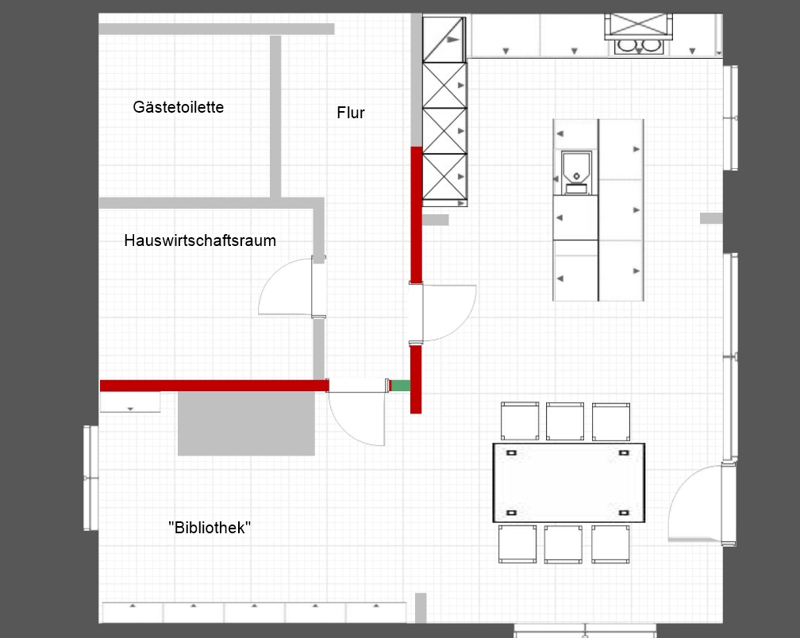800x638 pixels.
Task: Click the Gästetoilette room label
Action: [x=178, y=107]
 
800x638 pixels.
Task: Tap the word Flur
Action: [x=351, y=113]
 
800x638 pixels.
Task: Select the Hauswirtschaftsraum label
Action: [x=200, y=240]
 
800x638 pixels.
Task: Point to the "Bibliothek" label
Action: [x=210, y=528]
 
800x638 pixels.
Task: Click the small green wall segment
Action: [x=401, y=386]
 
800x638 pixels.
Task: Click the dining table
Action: [x=569, y=483]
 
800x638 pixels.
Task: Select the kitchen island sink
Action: [x=576, y=172]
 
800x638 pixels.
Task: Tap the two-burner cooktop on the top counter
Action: [x=638, y=46]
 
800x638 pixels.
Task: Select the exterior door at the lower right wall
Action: [x=702, y=504]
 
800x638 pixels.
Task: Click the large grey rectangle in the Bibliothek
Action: [x=246, y=423]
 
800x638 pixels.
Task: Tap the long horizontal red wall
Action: [x=214, y=386]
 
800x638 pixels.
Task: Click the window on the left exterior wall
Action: [x=90, y=478]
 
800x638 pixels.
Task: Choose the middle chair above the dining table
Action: [x=565, y=421]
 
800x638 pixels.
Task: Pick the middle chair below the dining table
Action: [x=563, y=544]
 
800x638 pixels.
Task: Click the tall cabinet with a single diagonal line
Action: [x=444, y=40]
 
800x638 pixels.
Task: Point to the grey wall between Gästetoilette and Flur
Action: [x=275, y=117]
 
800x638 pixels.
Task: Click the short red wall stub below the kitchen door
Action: [x=416, y=379]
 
